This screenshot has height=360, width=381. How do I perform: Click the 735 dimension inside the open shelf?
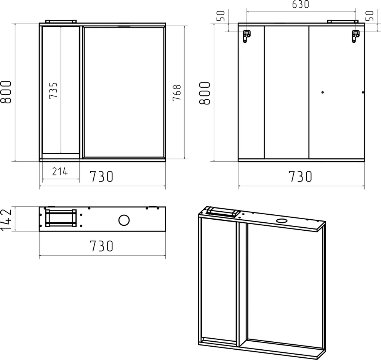coord(54,91)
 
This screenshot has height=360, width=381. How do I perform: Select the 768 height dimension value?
coord(177,92)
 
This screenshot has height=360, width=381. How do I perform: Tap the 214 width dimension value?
coord(60,172)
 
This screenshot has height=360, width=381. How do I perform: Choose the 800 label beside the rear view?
coord(205,93)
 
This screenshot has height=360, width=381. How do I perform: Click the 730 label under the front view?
coord(102,177)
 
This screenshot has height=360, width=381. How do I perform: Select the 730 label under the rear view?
coord(300,177)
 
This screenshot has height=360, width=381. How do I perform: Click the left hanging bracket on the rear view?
coord(247,36)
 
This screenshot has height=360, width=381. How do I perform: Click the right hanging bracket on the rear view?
coord(355,36)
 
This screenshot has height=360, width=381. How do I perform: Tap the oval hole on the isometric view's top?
coord(282,220)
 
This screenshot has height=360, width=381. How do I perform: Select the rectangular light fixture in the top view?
coord(61,219)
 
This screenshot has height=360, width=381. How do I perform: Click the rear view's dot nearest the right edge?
coord(363,92)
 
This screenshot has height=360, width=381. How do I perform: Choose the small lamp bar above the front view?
coord(61,21)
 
